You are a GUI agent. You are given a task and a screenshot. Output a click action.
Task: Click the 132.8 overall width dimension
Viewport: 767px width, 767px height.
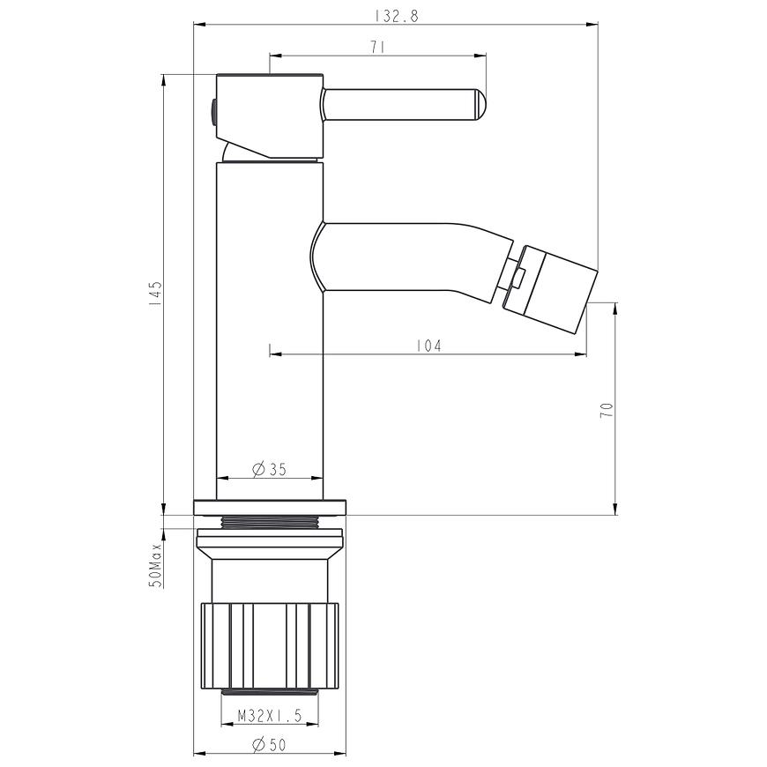tap(397, 16)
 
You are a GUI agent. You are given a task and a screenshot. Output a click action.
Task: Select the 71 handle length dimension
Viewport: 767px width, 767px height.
tap(377, 48)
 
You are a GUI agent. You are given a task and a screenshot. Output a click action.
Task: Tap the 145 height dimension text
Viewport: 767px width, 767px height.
tap(155, 294)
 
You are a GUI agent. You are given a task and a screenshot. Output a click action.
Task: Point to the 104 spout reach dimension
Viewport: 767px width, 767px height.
tap(428, 346)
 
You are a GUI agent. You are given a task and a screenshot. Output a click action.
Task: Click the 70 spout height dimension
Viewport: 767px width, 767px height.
tap(607, 410)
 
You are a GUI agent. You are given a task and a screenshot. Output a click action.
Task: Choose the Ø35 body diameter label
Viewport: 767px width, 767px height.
tap(269, 469)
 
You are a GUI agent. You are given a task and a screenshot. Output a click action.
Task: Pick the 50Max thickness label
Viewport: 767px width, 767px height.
tap(155, 565)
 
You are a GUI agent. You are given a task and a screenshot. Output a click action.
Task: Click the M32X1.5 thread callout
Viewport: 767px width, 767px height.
tap(270, 716)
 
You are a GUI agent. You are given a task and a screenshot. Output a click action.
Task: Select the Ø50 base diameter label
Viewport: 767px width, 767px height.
tap(269, 745)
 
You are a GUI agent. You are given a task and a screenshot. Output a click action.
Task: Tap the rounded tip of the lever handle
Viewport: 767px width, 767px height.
tap(480, 105)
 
